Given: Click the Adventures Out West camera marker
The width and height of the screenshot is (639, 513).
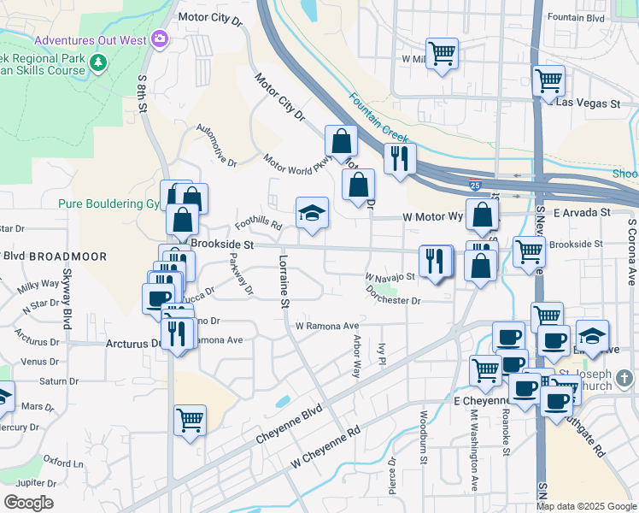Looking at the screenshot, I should click(159, 39).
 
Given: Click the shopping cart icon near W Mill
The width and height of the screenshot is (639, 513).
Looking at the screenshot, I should click(442, 54).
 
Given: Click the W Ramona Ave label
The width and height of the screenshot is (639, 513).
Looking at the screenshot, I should click(327, 326).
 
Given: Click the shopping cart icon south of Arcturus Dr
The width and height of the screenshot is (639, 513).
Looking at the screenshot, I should click(190, 419).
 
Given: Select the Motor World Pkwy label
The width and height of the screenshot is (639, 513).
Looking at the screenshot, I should click(296, 163).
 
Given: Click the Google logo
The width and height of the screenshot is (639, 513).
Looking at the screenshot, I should click(27, 502).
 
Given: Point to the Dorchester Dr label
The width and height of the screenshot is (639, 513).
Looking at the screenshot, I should click(393, 300).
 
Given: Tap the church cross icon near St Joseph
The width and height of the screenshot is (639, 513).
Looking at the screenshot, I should click(625, 377).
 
